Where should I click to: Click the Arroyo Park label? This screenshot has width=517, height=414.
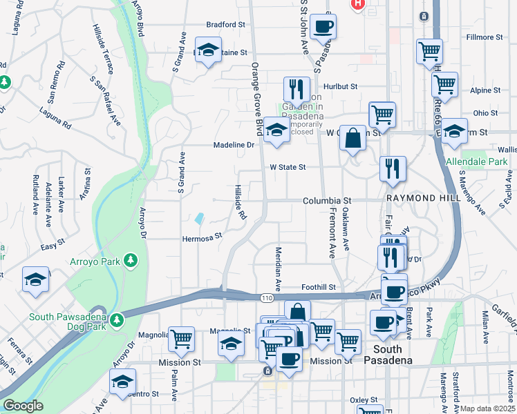[95, 261]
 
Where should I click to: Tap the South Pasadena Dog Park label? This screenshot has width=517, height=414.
[68, 318]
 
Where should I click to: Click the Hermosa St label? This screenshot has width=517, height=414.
[201, 235]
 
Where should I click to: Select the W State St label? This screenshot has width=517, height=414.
[288, 167]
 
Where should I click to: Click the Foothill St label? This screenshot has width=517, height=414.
[318, 287]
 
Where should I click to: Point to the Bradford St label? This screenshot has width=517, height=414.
[225, 24]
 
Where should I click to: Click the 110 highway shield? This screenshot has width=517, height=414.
[267, 297]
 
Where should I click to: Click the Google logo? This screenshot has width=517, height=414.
[23, 406]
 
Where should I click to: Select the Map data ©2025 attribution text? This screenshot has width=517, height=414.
[488, 408]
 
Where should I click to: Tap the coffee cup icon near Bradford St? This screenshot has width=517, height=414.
[323, 27]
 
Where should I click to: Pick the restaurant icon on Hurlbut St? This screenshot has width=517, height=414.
[296, 89]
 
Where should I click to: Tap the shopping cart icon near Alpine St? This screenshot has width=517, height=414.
[444, 84]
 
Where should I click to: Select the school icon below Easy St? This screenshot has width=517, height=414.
[36, 279]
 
